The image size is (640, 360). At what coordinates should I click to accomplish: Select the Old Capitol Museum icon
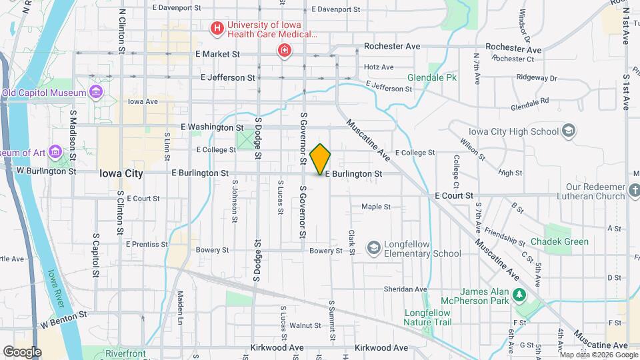click(96, 91)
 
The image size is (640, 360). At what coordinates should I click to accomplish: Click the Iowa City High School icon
click(569, 131)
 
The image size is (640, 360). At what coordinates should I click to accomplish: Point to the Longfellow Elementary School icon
click(373, 248)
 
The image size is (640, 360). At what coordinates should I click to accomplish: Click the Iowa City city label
click(121, 173)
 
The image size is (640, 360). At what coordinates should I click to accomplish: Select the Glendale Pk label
click(432, 78)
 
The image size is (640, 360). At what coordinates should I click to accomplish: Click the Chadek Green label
click(560, 241)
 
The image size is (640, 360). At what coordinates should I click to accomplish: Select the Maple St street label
click(376, 207)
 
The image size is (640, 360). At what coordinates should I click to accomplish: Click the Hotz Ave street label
click(379, 67)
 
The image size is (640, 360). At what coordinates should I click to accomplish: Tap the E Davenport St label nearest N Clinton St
click(177, 9)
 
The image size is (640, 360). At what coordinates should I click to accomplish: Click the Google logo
click(22, 351)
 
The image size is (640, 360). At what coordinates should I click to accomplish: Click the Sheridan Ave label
click(405, 289)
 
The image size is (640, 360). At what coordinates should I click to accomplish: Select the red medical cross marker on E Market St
click(285, 51)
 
